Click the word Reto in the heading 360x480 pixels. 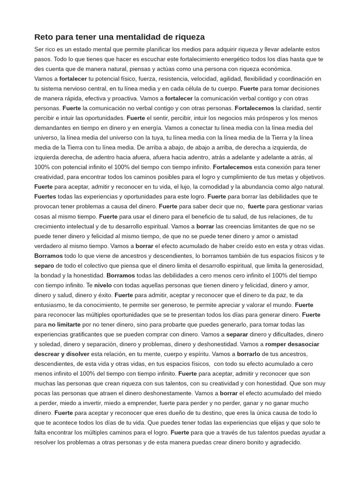click(x=43, y=37)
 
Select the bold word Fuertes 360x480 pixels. click(x=45, y=196)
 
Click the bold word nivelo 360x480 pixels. click(x=103, y=285)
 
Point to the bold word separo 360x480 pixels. click(x=44, y=265)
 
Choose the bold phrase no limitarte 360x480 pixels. click(x=64, y=324)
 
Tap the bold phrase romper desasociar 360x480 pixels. click(x=292, y=344)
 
